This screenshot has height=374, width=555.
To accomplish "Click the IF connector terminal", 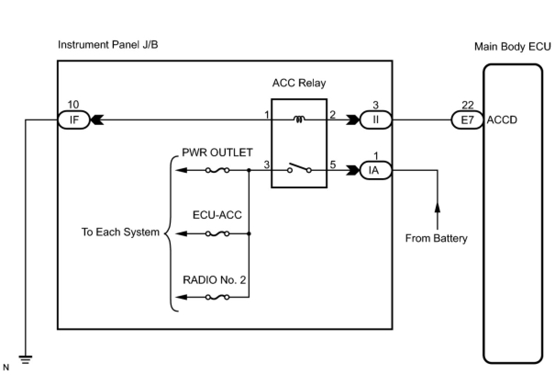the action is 74,120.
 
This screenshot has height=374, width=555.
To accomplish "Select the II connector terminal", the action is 376,120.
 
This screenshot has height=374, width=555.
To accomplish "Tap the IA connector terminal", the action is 376,170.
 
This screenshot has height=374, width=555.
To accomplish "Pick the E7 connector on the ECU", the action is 467,120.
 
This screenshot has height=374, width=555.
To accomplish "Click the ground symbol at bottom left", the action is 25,360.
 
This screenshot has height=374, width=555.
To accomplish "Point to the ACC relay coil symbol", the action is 300,119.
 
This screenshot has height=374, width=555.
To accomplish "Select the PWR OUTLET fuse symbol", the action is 217,170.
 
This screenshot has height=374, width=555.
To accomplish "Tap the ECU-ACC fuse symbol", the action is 217,233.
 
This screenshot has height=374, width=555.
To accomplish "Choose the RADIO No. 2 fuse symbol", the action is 217,297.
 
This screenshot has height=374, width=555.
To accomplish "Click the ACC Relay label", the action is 299,83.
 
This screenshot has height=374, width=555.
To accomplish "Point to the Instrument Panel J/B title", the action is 108,45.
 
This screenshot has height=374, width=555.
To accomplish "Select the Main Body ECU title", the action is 512,47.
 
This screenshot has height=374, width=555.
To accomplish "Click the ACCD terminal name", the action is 502,120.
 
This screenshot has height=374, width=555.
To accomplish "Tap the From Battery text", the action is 436,238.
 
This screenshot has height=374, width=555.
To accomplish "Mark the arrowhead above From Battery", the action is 437,208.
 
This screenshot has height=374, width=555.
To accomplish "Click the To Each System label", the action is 121,232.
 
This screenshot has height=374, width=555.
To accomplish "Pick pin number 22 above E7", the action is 467,105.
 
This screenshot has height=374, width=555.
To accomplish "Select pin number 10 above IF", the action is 73,105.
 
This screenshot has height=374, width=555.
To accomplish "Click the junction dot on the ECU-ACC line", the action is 249,233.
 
